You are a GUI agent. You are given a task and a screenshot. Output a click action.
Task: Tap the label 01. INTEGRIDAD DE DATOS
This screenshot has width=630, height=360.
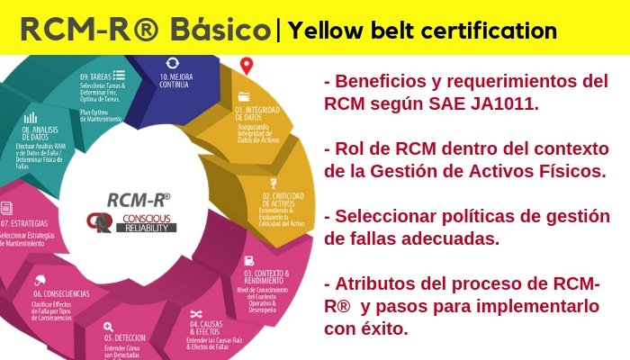(x=262, y=112)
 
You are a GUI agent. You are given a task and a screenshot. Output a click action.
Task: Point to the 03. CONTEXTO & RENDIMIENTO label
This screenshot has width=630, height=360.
(x=267, y=277)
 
